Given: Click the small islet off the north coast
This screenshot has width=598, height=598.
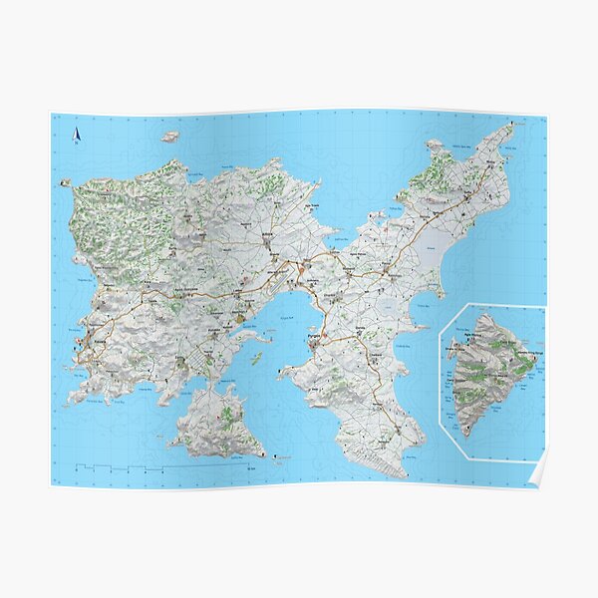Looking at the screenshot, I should point(170,137).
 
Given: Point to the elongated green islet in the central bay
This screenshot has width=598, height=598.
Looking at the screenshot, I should point(257,357).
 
